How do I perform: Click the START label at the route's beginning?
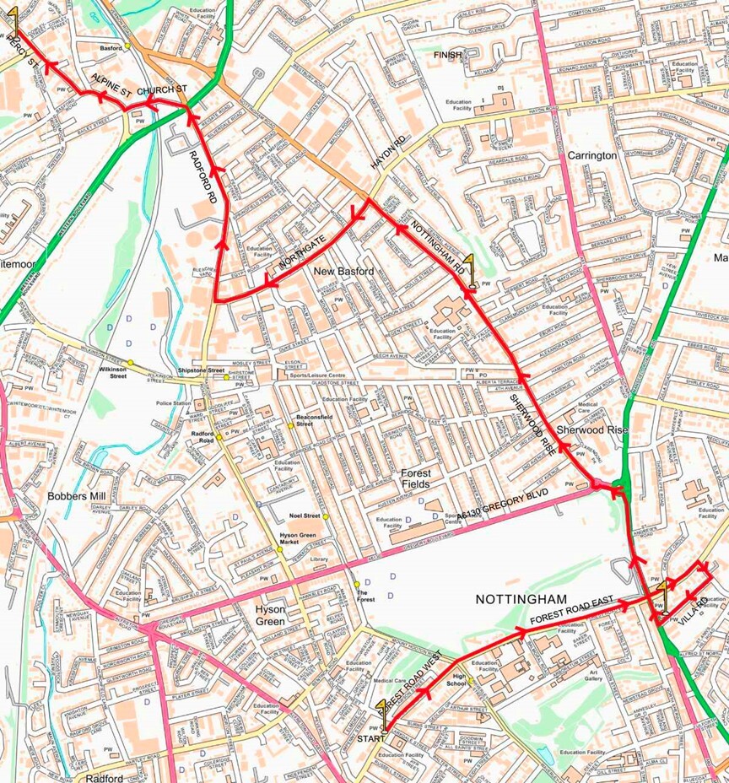(370, 738)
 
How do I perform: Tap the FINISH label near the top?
(447, 55)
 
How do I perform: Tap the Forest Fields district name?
(415, 478)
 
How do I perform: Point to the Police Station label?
(173, 404)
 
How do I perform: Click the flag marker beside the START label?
(381, 711)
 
